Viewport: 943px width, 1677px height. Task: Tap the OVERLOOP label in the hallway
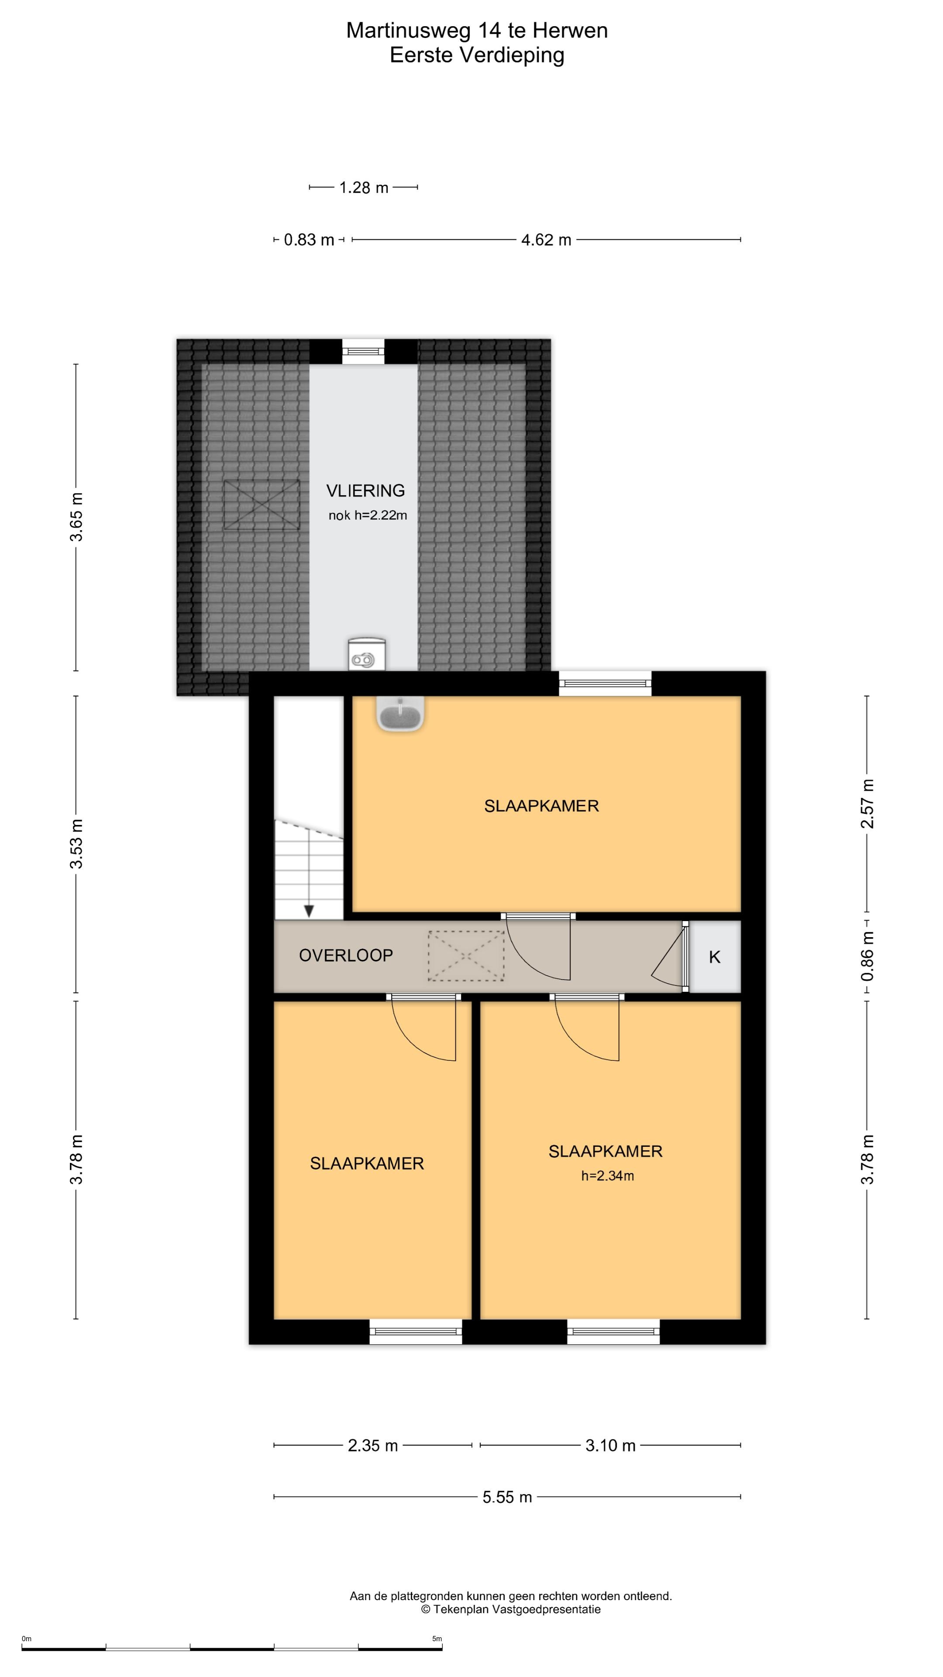(x=346, y=955)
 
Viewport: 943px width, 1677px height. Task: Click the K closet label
(x=715, y=957)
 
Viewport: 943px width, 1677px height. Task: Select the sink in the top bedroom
(x=400, y=714)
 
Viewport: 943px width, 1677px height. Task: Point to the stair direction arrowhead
(x=309, y=911)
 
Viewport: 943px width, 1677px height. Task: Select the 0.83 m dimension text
(x=309, y=240)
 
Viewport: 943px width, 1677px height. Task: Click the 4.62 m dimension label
(x=546, y=240)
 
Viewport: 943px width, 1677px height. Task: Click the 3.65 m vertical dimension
(x=76, y=517)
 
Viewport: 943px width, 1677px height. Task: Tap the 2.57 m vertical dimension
(x=867, y=804)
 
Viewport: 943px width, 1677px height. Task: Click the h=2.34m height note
(x=607, y=1175)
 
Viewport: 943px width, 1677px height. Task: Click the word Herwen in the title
(x=570, y=30)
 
